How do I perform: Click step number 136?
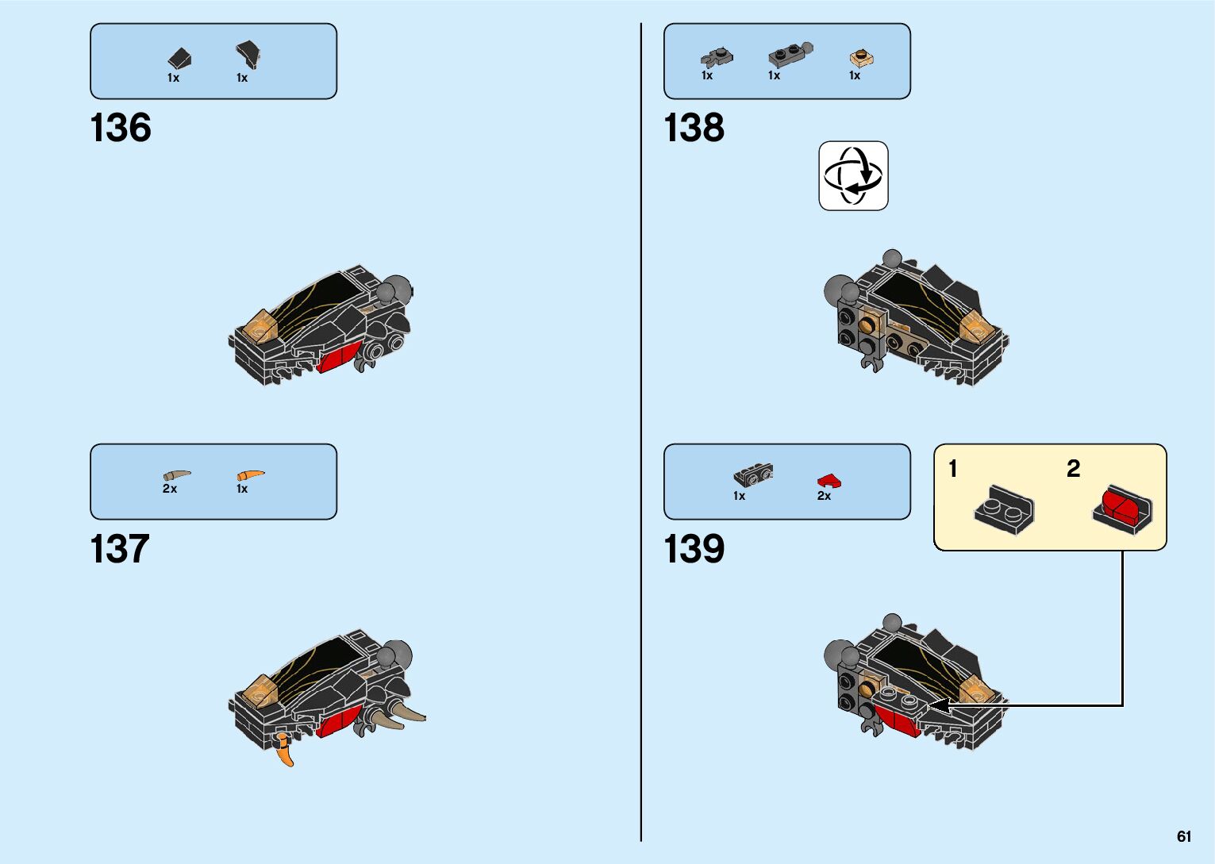[121, 128]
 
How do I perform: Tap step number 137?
[120, 549]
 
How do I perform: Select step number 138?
[694, 128]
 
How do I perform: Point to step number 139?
[694, 549]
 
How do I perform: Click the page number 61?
[1184, 837]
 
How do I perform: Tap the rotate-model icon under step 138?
[853, 175]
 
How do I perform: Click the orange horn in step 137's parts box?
[250, 475]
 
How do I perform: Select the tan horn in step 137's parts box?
[177, 475]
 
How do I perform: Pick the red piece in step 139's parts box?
[829, 481]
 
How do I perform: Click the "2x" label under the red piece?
[824, 496]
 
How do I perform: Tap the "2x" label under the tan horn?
[170, 489]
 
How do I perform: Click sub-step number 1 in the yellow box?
[953, 469]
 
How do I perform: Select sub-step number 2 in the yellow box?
[1073, 469]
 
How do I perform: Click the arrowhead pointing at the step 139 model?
[936, 705]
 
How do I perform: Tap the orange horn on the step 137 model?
[284, 751]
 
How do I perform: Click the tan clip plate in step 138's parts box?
[861, 57]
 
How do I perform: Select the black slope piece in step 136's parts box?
[180, 58]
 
